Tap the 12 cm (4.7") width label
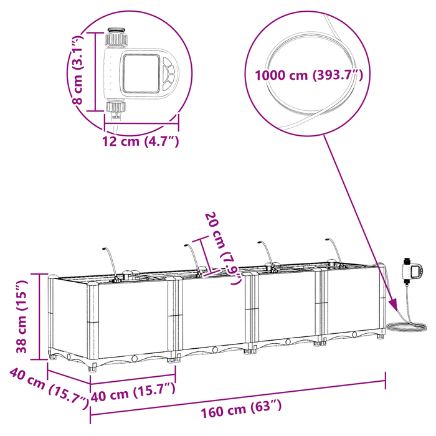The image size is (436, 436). pyautogui.click(x=141, y=141)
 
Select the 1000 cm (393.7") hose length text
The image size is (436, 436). pyautogui.click(x=308, y=75)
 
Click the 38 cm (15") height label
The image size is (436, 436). pyautogui.click(x=22, y=316)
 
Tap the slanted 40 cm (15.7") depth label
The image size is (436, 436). pyautogui.click(x=48, y=387)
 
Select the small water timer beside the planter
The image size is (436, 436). pyautogui.click(x=412, y=270)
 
